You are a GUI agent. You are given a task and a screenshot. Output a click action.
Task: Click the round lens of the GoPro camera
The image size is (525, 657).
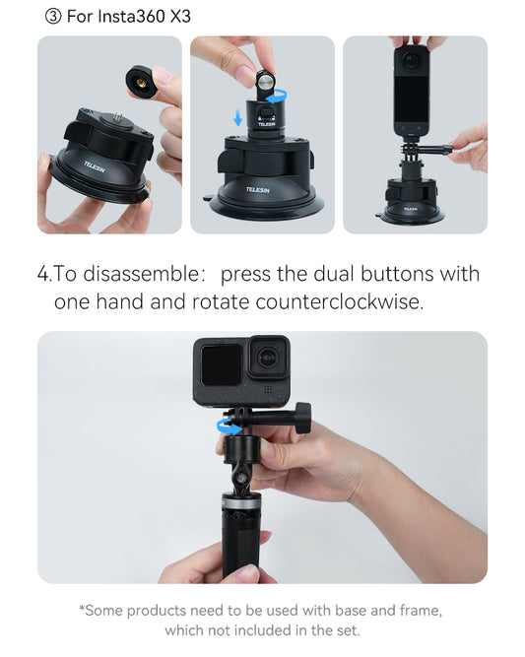267,358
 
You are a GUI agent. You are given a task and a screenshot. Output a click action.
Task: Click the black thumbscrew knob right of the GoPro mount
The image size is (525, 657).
301,417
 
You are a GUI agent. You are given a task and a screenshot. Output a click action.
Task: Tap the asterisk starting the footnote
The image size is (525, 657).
82,610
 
